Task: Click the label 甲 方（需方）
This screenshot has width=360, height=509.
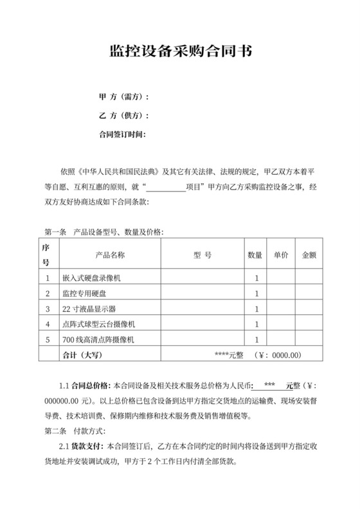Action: click(x=123, y=97)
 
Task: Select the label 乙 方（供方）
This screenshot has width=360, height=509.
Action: click(x=123, y=116)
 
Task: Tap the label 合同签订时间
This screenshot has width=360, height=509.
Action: click(x=122, y=134)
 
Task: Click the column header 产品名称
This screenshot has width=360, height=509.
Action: click(x=110, y=254)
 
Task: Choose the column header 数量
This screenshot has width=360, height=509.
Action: click(x=255, y=254)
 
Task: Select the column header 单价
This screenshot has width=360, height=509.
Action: click(x=280, y=254)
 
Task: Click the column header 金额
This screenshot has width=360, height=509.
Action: click(x=309, y=254)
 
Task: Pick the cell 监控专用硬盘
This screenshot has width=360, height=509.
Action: click(x=84, y=294)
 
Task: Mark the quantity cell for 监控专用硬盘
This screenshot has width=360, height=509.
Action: click(x=256, y=294)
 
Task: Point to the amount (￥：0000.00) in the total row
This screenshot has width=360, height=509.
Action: click(x=278, y=354)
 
